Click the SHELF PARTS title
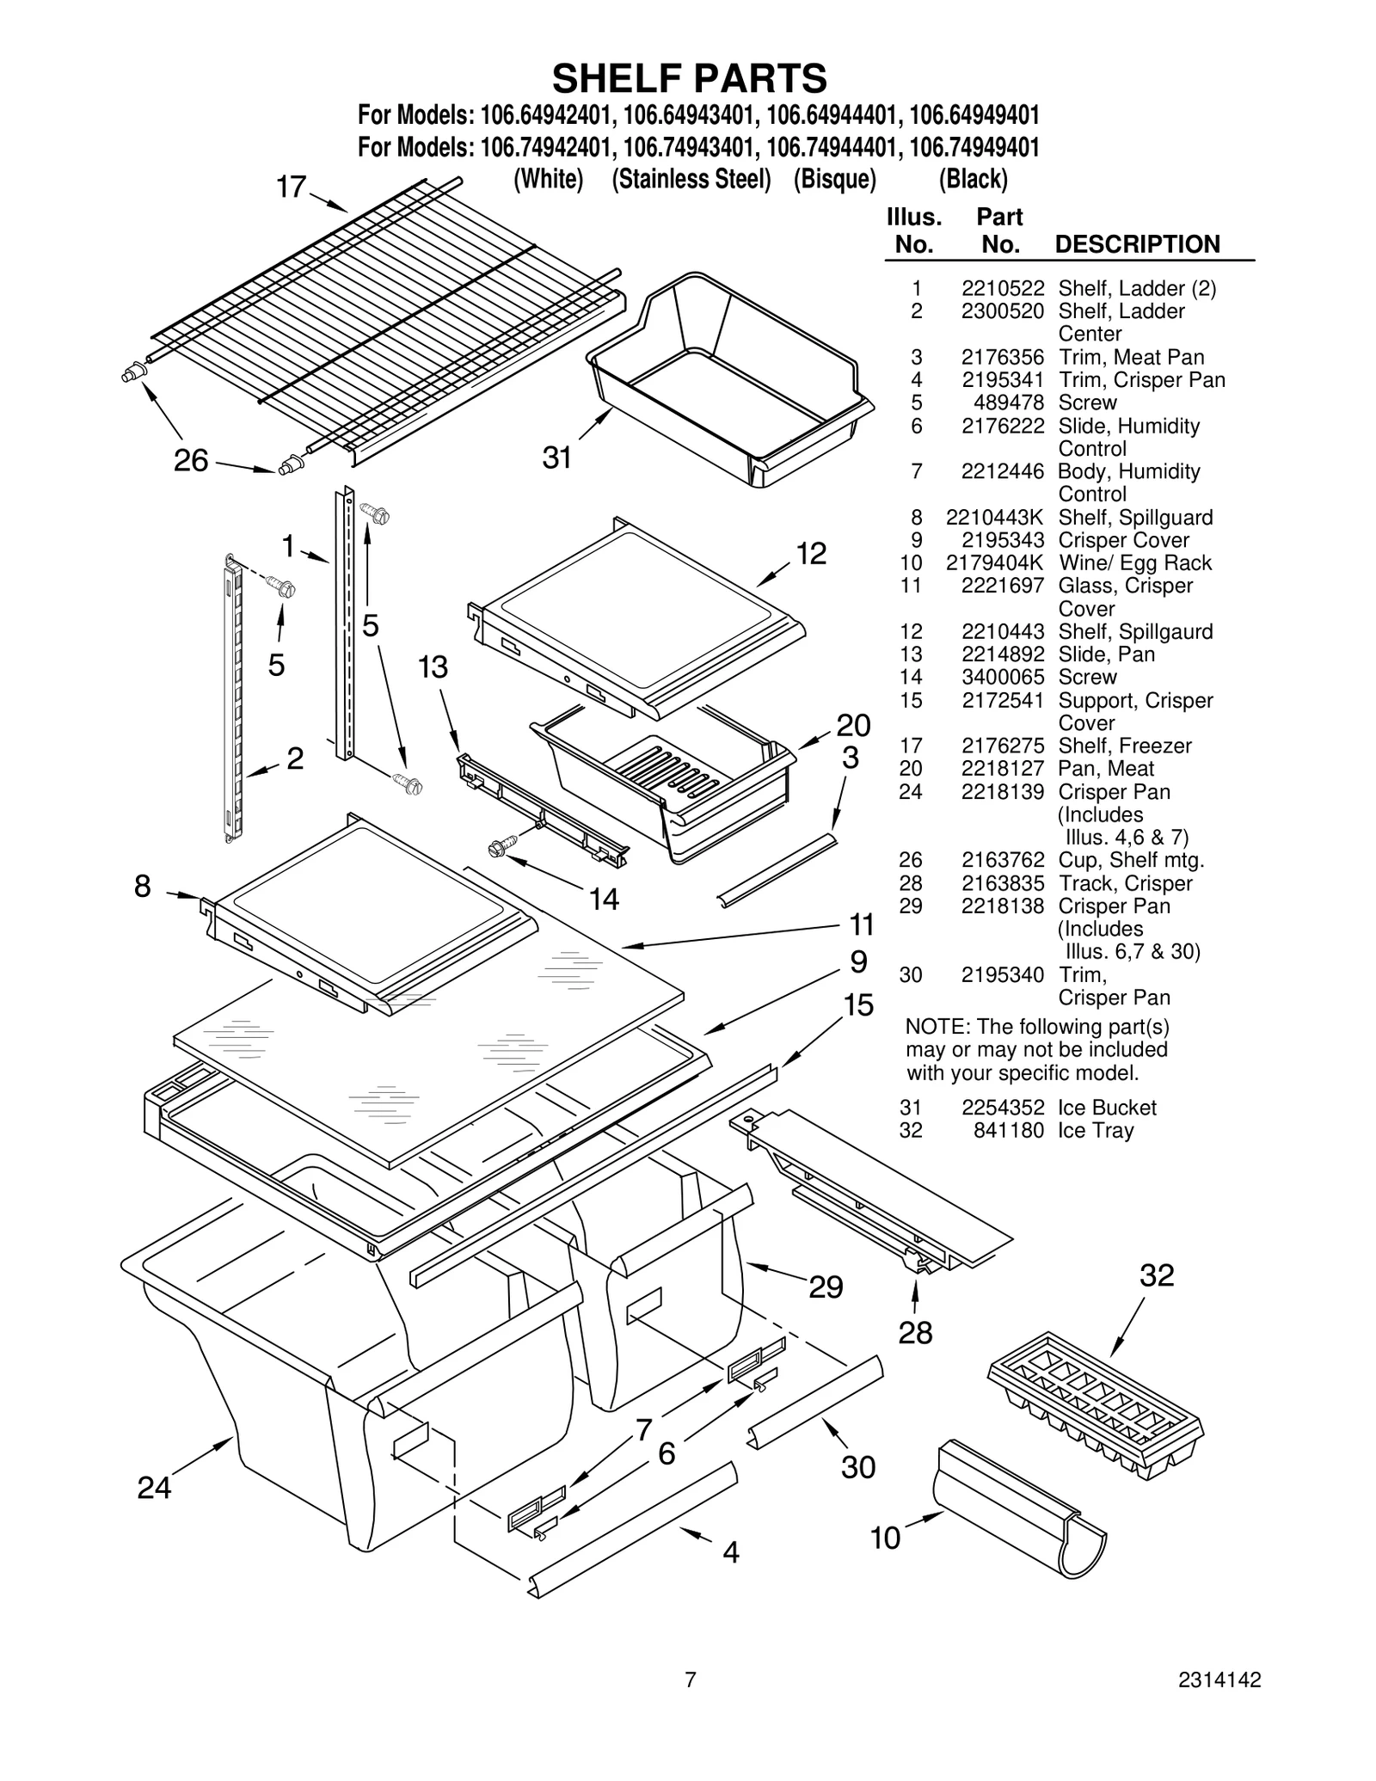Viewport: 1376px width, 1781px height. click(x=689, y=79)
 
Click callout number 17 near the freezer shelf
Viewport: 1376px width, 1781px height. click(x=291, y=187)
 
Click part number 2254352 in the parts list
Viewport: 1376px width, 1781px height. click(x=1003, y=1108)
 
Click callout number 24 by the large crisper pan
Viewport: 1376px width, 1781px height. click(x=154, y=1487)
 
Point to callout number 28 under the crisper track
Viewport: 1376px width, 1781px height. click(x=915, y=1333)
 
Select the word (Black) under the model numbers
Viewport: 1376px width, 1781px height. click(x=973, y=179)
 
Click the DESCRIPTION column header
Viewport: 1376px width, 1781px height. click(x=1137, y=244)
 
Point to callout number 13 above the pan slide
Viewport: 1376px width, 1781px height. click(x=433, y=666)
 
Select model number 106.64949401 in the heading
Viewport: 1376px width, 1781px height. click(x=974, y=115)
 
